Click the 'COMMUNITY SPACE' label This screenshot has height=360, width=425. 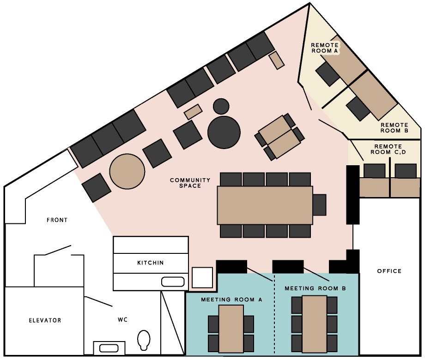(190, 183)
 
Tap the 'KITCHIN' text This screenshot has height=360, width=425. (151, 263)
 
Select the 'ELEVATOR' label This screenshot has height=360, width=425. (45, 320)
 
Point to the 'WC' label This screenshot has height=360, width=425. (122, 320)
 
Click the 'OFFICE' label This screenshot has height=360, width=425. (389, 271)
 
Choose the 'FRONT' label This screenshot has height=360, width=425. (57, 220)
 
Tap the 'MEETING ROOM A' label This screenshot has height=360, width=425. (231, 300)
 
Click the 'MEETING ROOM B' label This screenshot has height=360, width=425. (315, 288)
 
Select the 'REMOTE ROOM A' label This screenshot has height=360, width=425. (325, 48)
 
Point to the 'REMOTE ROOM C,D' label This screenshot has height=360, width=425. (388, 149)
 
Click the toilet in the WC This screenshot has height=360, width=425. (144, 340)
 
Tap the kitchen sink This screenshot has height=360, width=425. (173, 282)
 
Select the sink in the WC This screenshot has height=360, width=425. (109, 348)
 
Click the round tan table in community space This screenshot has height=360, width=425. (127, 171)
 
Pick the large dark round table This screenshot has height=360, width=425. (224, 132)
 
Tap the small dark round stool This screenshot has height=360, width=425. (221, 107)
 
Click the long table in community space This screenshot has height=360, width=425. (265, 205)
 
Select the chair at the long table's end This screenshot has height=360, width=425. (320, 205)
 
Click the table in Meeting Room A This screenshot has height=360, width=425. (231, 329)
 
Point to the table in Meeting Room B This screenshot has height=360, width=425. (315, 324)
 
